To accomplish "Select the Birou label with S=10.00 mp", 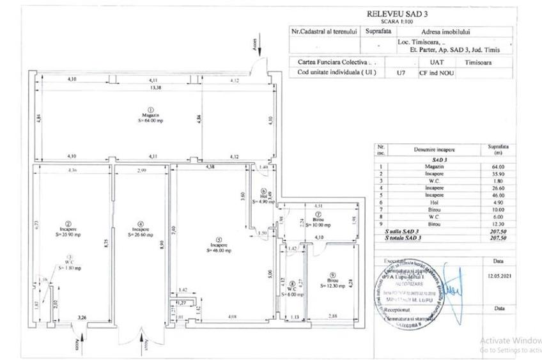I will [x=317, y=225].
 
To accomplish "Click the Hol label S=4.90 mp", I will [x=263, y=201].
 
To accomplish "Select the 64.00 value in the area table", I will [x=498, y=166].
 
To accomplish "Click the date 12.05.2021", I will [x=498, y=277].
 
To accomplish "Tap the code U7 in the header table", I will [x=401, y=73].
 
